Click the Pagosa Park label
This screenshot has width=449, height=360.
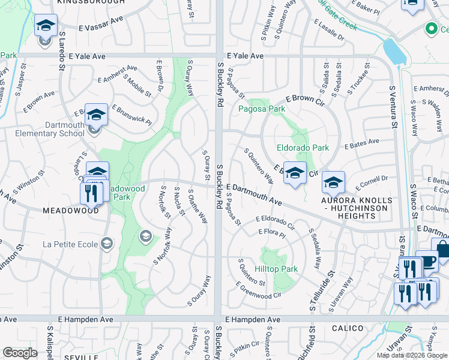[x=262, y=109]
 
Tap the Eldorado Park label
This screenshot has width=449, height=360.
[x=303, y=147]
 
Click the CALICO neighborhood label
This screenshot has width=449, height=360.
[x=346, y=328]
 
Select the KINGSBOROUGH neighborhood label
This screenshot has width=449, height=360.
[x=91, y=2]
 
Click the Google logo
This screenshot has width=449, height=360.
[x=20, y=353]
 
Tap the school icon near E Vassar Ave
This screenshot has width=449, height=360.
[x=46, y=26]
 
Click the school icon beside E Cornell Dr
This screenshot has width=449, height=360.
[x=333, y=181]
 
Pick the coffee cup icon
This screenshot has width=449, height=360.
[x=427, y=261]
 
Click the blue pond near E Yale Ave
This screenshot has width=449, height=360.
[x=394, y=51]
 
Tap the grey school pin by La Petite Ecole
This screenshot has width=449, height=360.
[x=145, y=236]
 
